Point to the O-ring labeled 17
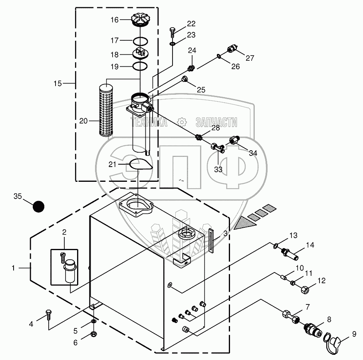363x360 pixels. [139, 41]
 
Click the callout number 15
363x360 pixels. [58, 84]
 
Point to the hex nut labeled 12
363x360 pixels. [304, 289]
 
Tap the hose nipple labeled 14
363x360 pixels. [291, 253]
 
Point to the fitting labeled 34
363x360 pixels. [234, 140]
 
